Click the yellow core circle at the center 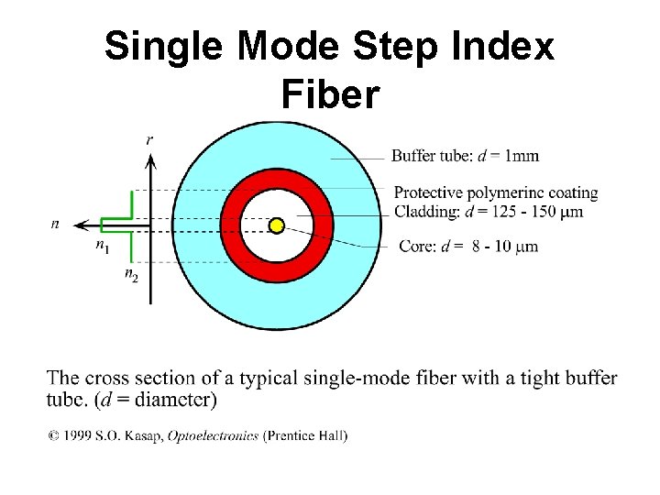[276, 225]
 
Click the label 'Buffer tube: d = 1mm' [465, 156]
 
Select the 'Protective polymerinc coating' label [495, 193]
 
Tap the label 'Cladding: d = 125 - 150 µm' [488, 212]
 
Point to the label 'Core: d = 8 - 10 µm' [468, 247]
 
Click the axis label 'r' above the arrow [149, 139]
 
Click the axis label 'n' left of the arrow [56, 224]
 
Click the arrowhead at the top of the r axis [150, 162]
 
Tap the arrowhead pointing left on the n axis [82, 224]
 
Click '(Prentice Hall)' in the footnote [305, 436]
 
